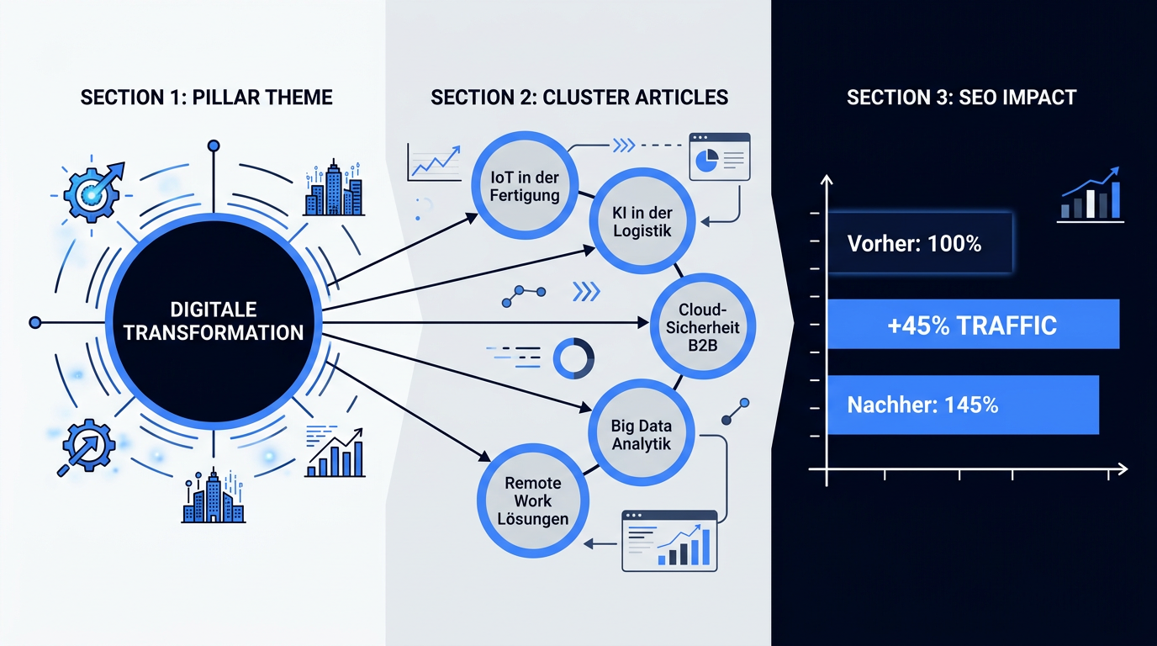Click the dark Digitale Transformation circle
coord(214,321)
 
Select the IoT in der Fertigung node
coord(525,186)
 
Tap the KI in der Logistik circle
coord(642,222)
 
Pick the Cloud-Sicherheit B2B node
coord(702,326)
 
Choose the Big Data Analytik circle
coord(642,434)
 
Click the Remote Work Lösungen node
coord(532,500)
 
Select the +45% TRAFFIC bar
coord(973,325)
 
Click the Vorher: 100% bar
coord(919,243)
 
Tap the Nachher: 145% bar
coord(963,405)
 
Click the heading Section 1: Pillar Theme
coord(206,98)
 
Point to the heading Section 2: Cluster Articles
coord(579,98)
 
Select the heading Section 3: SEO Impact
coord(961,98)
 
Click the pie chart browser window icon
coord(720,156)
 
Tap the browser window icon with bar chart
coord(669,541)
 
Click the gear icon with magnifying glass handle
coord(87,447)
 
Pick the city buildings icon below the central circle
coord(214,496)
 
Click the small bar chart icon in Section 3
coord(1091,195)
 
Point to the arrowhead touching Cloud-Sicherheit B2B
coord(643,323)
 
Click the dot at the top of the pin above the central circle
coord(214,146)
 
